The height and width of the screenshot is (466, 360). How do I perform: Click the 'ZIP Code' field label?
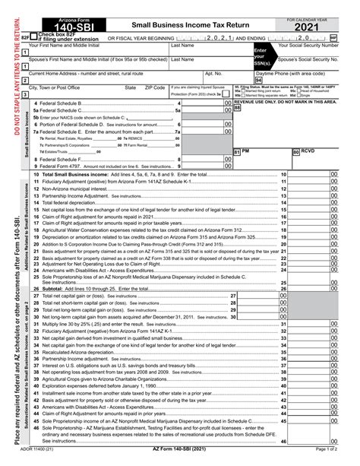155,87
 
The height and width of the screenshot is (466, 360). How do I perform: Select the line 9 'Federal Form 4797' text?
67,165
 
